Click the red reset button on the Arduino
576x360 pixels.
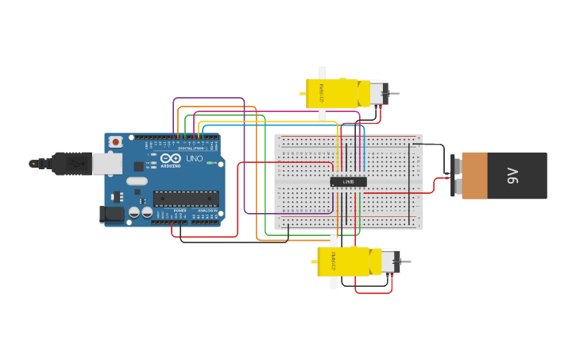(116, 141)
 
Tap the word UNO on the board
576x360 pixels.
(194, 159)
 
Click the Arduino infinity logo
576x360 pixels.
(170, 158)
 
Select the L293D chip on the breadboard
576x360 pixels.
(348, 181)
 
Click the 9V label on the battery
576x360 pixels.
(512, 176)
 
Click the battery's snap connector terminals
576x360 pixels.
(455, 176)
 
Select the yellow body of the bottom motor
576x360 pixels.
(346, 261)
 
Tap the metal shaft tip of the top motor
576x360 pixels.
(396, 94)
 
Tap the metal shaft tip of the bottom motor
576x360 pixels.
(407, 261)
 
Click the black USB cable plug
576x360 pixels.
(72, 164)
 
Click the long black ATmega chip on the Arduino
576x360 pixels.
(185, 199)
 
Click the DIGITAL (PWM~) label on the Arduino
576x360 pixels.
(191, 148)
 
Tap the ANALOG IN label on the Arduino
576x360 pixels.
(207, 210)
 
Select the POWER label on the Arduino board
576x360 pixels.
(180, 210)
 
